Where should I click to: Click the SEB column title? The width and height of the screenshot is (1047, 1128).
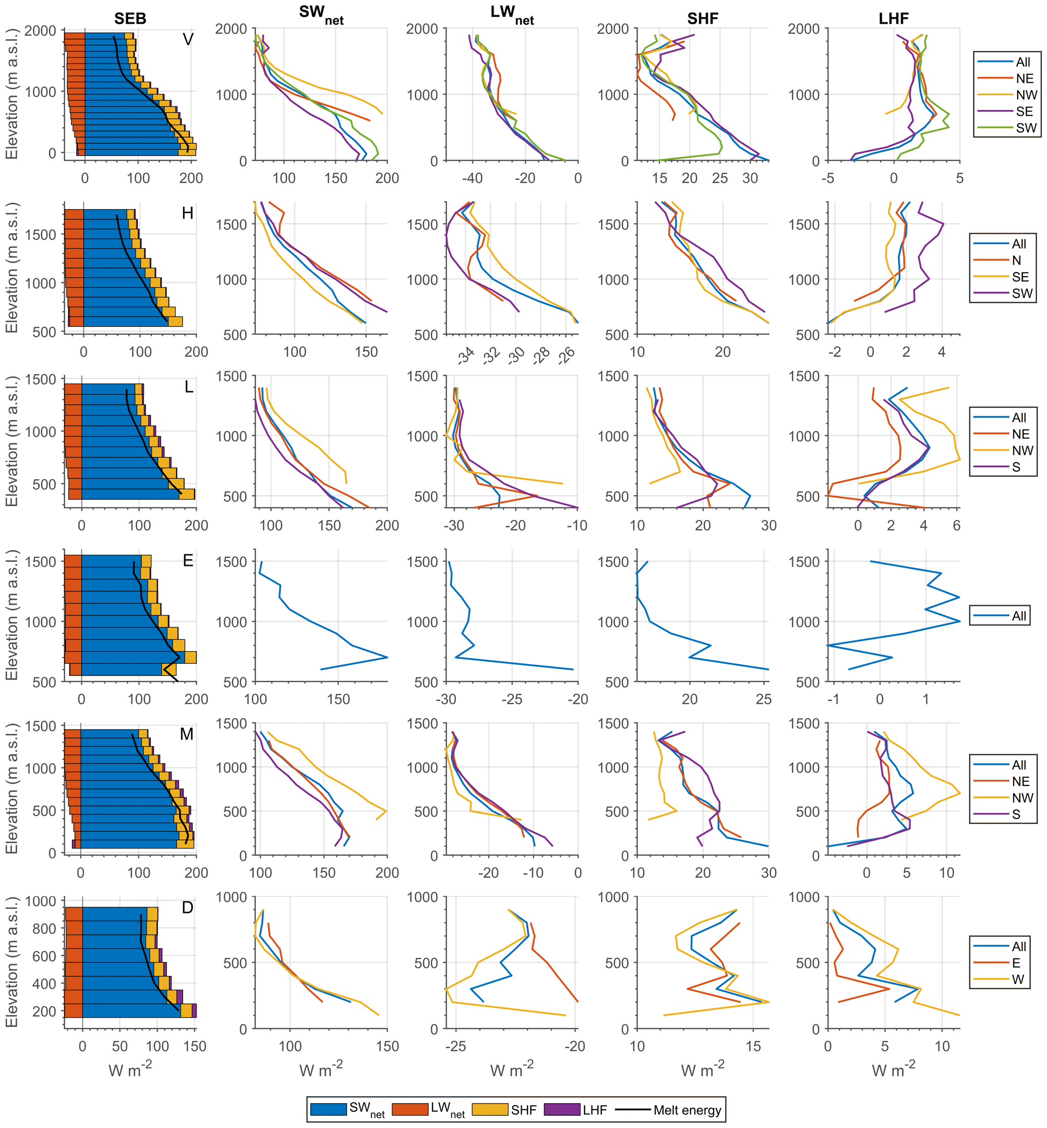130,19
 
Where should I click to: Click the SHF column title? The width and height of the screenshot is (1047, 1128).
703,19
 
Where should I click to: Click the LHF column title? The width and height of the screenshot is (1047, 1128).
894,19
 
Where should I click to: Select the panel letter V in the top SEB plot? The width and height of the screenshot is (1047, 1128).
188,39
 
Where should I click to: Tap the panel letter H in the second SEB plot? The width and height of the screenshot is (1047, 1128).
187,213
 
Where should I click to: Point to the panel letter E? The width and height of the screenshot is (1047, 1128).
188,560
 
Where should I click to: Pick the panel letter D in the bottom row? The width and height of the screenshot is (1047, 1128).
187,908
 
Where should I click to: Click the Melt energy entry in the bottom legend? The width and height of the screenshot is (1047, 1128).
687,1110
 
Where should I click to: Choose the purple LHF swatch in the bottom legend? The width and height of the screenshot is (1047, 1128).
562,1109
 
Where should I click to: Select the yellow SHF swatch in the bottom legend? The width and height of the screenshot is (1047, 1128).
489,1109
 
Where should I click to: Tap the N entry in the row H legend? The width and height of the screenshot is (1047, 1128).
1017,260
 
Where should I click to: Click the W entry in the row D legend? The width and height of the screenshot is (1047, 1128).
1018,980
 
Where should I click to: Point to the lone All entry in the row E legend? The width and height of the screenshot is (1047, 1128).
1019,616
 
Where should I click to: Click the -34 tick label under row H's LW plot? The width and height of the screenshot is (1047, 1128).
467,355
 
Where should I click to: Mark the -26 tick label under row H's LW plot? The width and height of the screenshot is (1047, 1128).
567,355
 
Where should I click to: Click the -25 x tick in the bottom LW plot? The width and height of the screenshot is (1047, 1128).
455,1046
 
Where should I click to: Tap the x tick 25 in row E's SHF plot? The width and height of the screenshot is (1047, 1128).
763,699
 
